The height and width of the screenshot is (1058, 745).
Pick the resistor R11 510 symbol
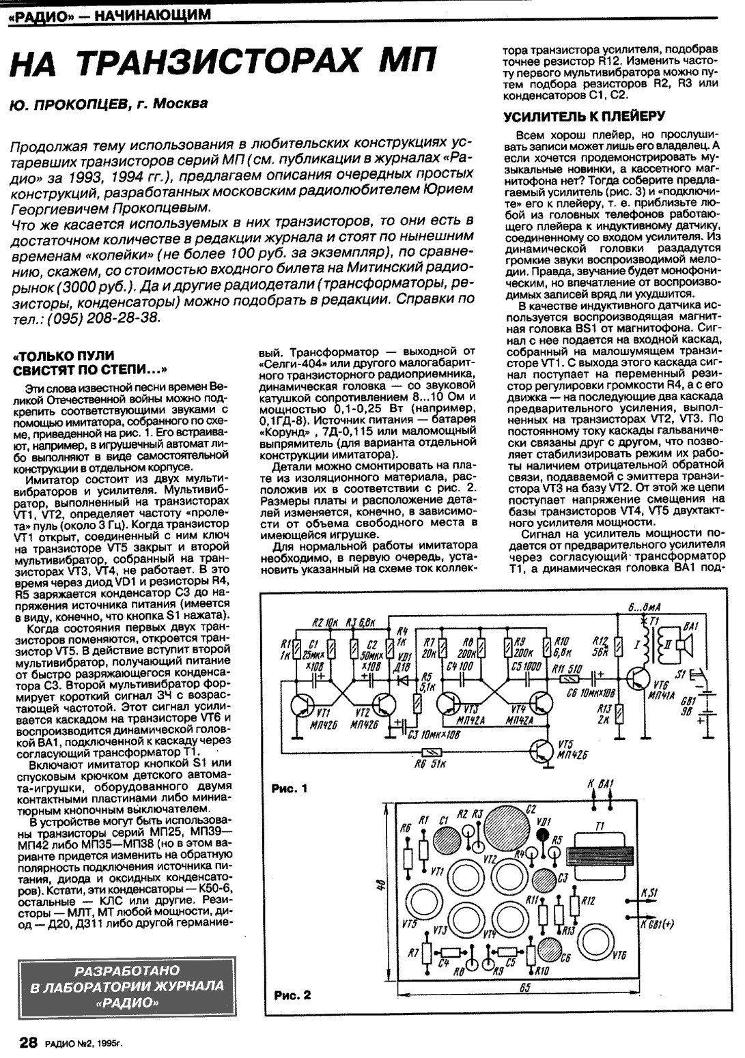567,678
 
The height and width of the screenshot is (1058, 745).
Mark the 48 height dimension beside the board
381,885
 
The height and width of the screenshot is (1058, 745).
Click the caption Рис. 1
290,788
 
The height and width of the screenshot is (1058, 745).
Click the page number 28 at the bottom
27,1042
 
